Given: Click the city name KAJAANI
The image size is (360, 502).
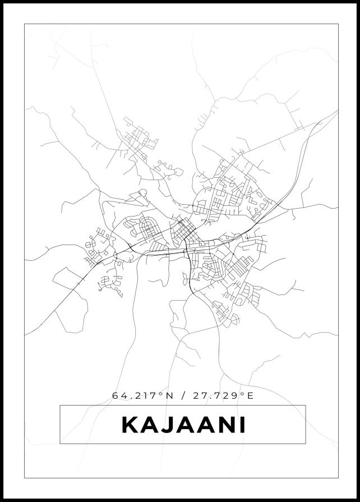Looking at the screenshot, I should click(183, 425).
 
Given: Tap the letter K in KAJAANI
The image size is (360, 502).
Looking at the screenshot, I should click(130, 425).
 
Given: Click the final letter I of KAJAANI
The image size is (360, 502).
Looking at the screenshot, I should click(242, 425).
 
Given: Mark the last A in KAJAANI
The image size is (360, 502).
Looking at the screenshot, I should click(205, 425).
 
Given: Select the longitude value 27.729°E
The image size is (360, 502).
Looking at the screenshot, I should click(223, 396).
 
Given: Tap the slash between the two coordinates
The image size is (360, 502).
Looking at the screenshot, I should click(183, 396).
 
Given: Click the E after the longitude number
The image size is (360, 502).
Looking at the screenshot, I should click(251, 396).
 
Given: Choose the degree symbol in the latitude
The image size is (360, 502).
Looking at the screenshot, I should click(163, 394).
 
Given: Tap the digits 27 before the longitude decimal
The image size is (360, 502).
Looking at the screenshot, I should click(199, 396).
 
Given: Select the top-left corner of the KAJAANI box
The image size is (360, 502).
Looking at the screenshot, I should click(60, 406).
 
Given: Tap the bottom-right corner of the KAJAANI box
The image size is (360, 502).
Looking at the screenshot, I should click(306, 444).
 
